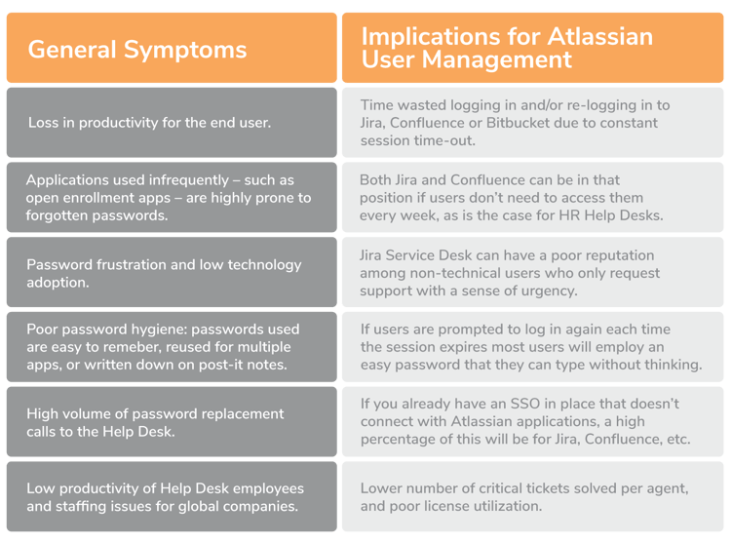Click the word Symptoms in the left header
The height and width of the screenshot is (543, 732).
click(x=185, y=51)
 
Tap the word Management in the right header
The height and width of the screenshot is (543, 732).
click(x=497, y=60)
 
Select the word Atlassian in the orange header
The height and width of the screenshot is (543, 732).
click(x=599, y=36)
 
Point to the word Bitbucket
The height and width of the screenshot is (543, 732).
click(x=518, y=123)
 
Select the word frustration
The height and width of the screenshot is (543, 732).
click(x=132, y=265)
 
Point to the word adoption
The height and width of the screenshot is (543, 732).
click(x=58, y=283)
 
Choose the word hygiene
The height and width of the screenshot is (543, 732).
click(x=159, y=330)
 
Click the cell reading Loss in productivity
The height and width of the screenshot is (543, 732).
click(x=172, y=123)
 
